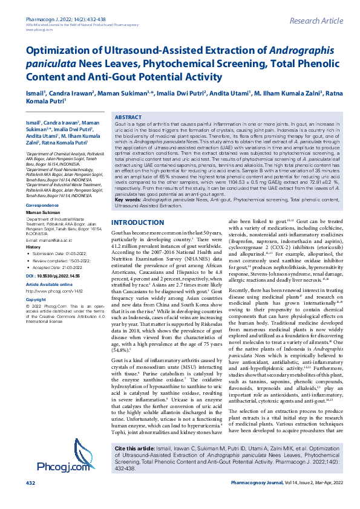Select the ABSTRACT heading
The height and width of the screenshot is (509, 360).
pyautogui.click(x=128, y=117)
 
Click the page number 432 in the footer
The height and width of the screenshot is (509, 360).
pyautogui.click(x=30, y=501)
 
